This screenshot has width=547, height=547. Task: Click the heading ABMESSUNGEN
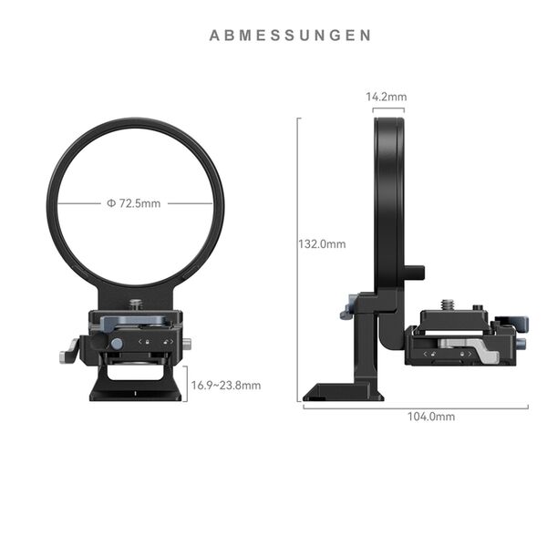(x=290, y=36)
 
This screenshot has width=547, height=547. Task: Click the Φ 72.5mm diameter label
(x=134, y=203)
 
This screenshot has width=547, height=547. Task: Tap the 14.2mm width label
(x=386, y=96)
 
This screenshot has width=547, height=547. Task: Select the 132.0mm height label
(x=323, y=244)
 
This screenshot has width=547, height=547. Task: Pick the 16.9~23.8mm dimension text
(x=226, y=386)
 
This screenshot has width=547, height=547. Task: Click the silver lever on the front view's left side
(x=68, y=350)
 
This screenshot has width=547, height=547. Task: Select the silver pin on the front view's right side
(x=186, y=344)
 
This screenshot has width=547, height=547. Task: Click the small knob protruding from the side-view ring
(x=417, y=272)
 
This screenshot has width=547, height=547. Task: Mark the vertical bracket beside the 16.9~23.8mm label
(x=186, y=384)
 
